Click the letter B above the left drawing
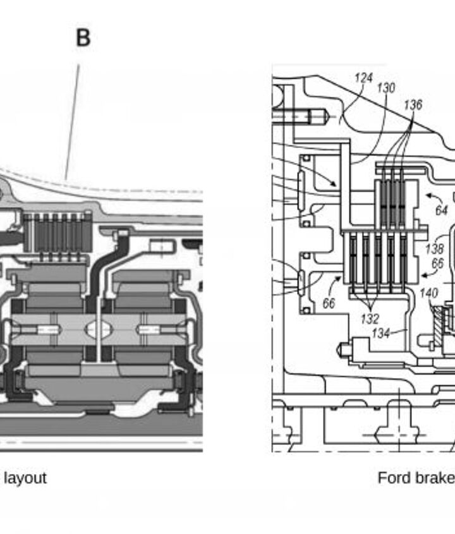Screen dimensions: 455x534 (83, 37)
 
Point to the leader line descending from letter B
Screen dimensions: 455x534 (72, 122)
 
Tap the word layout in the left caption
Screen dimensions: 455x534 (25, 478)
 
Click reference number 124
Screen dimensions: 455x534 (364, 78)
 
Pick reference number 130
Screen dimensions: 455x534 (386, 88)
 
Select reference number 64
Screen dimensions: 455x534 (442, 210)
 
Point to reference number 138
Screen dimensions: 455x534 (435, 249)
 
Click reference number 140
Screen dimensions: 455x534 (429, 293)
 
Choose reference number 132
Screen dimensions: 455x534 (370, 319)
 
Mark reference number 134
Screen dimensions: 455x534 (381, 333)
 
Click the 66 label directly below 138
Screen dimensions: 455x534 (438, 264)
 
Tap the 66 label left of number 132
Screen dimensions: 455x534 (329, 303)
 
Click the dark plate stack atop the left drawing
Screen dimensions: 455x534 (58, 233)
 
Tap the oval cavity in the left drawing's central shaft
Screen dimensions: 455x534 (98, 329)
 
